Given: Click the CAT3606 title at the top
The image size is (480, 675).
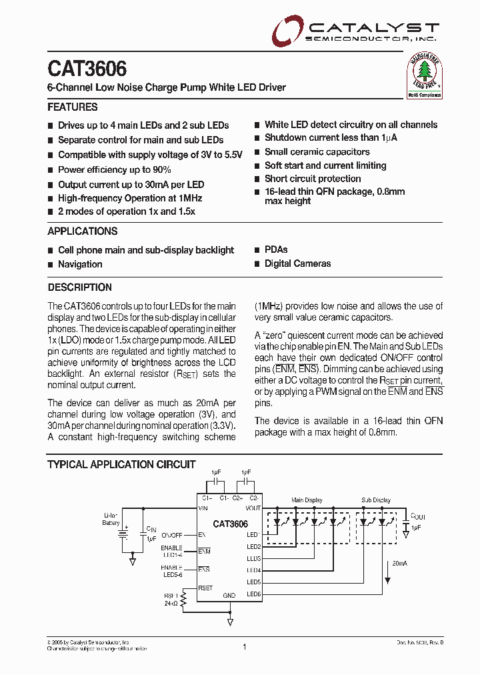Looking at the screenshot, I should [x=87, y=69].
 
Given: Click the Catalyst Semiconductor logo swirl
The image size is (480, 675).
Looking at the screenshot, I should [x=286, y=31].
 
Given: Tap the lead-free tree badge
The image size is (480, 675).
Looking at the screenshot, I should [x=425, y=75].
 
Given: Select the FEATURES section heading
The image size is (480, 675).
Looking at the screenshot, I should [x=73, y=107].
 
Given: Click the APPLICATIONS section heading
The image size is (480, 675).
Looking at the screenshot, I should [x=83, y=231].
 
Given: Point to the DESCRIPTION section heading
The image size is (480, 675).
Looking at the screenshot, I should [x=80, y=287].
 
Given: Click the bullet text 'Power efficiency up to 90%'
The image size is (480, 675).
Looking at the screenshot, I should [x=115, y=170].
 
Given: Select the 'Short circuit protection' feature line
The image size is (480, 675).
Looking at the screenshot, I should [x=313, y=179].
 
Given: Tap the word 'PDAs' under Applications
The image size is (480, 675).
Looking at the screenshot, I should [x=276, y=249].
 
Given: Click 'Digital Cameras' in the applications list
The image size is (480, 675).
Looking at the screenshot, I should [x=297, y=263].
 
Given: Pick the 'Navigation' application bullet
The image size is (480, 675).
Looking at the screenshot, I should [x=80, y=264].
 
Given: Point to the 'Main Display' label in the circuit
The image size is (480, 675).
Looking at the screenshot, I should [x=307, y=500].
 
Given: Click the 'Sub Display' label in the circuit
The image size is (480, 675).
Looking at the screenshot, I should [x=376, y=500].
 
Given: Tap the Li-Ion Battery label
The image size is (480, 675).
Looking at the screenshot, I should [x=111, y=520].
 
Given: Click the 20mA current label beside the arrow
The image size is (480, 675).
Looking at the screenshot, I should [x=400, y=564].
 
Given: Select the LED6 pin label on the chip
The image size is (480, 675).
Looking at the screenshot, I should [x=253, y=594].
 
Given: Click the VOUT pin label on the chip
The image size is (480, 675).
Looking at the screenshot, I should [x=253, y=509].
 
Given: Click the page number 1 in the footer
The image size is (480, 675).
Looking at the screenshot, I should [x=245, y=646].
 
